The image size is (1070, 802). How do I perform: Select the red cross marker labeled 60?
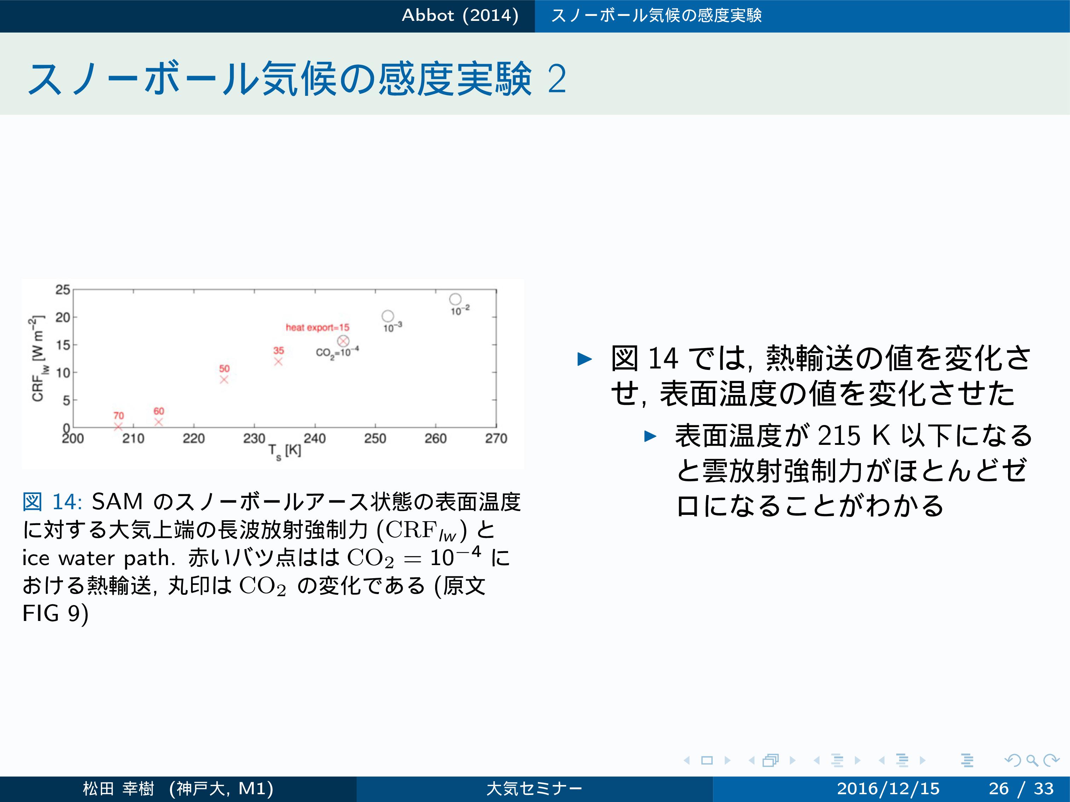[x=159, y=422]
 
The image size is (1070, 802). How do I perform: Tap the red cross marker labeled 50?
[x=224, y=379]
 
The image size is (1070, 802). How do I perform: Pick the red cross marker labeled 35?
[x=278, y=362]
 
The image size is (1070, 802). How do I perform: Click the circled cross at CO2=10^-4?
[x=343, y=341]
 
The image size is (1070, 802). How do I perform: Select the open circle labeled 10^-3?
[x=388, y=316]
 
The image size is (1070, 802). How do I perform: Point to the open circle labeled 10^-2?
[x=455, y=299]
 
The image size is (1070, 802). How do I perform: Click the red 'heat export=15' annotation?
[x=317, y=327]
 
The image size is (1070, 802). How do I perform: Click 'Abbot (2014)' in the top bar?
[x=460, y=16]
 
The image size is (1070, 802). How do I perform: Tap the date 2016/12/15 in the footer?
[x=888, y=789]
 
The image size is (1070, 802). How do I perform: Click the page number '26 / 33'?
[x=1021, y=789]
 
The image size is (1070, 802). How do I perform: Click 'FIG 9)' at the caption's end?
[x=55, y=614]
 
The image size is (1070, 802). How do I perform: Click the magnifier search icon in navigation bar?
[x=1032, y=760]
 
